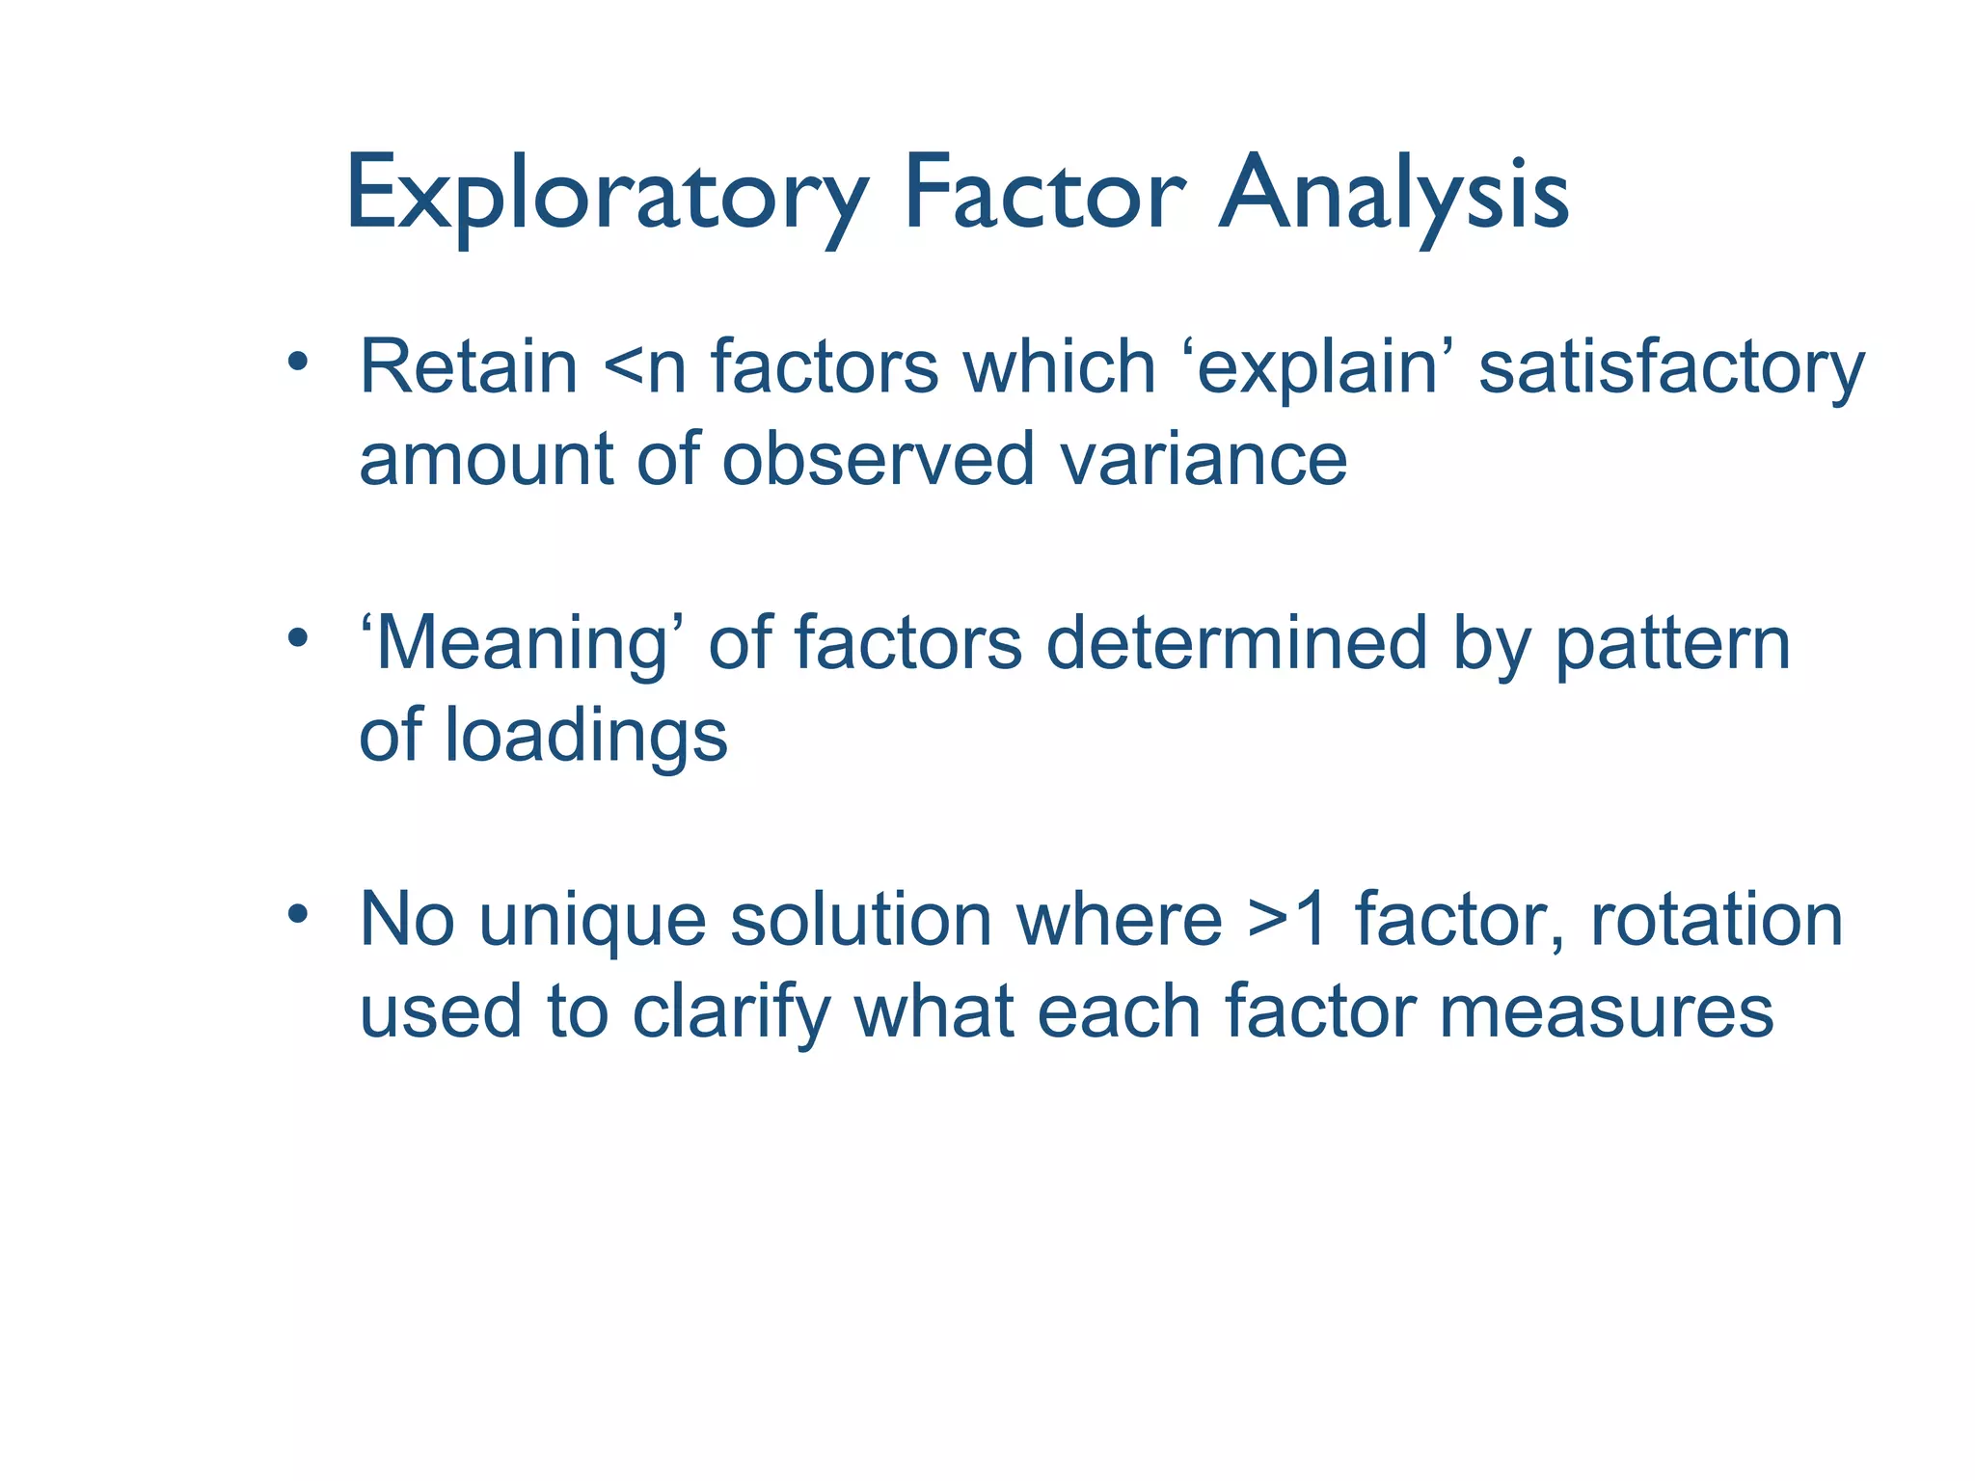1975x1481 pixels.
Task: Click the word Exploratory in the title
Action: pyautogui.click(x=606, y=196)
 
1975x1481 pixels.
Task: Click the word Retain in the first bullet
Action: pyautogui.click(x=468, y=367)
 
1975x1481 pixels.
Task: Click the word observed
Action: pyautogui.click(x=879, y=460)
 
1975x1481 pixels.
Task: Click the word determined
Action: pyautogui.click(x=1235, y=643)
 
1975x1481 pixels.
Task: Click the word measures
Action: pyautogui.click(x=1606, y=1013)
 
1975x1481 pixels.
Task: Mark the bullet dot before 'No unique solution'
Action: pyautogui.click(x=298, y=912)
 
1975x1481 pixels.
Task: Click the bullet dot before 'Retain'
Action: pyautogui.click(x=298, y=362)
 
